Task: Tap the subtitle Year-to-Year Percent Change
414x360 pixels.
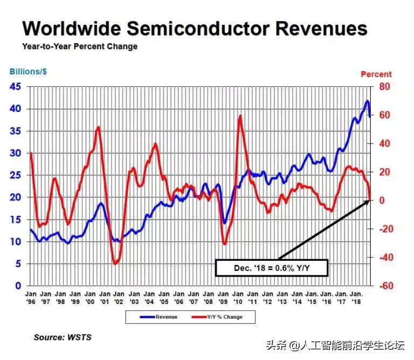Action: tap(80, 46)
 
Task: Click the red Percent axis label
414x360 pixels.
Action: tap(376, 74)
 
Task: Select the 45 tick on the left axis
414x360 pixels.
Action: tap(16, 87)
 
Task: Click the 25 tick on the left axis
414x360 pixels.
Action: tap(16, 175)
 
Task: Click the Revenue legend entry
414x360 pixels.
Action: tap(158, 317)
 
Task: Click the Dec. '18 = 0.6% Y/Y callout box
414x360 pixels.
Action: tap(272, 268)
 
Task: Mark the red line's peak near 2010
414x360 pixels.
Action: tap(239, 116)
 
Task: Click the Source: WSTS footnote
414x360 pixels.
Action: tap(63, 338)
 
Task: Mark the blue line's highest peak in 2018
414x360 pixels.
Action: tap(367, 101)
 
